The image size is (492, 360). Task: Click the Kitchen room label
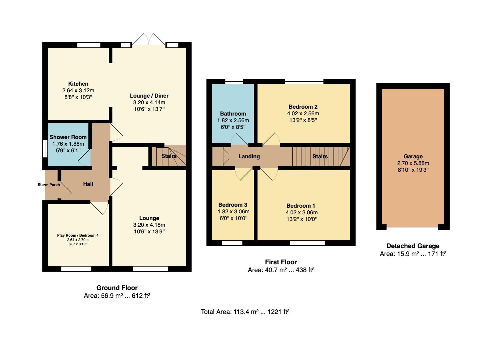point(78,84)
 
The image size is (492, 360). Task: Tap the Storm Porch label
point(49,185)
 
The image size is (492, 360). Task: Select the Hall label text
point(88,184)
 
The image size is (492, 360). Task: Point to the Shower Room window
point(45,149)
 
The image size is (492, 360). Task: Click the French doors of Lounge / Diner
point(149,40)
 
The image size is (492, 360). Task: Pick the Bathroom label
point(233,113)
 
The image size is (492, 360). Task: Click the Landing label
point(249,156)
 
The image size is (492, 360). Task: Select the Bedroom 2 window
point(304,81)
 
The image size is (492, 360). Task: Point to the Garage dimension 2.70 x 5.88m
point(413,163)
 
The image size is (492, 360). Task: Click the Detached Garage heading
point(413,246)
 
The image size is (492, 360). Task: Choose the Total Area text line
point(245,312)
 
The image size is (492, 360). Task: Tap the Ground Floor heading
point(117,288)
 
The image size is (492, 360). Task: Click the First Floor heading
point(281,262)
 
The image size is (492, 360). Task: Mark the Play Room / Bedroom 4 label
point(78,235)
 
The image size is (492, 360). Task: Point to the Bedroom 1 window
point(307,243)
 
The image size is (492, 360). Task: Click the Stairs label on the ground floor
point(169,156)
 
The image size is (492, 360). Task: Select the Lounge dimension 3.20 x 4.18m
point(149,225)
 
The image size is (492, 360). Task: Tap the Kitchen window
point(89,45)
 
